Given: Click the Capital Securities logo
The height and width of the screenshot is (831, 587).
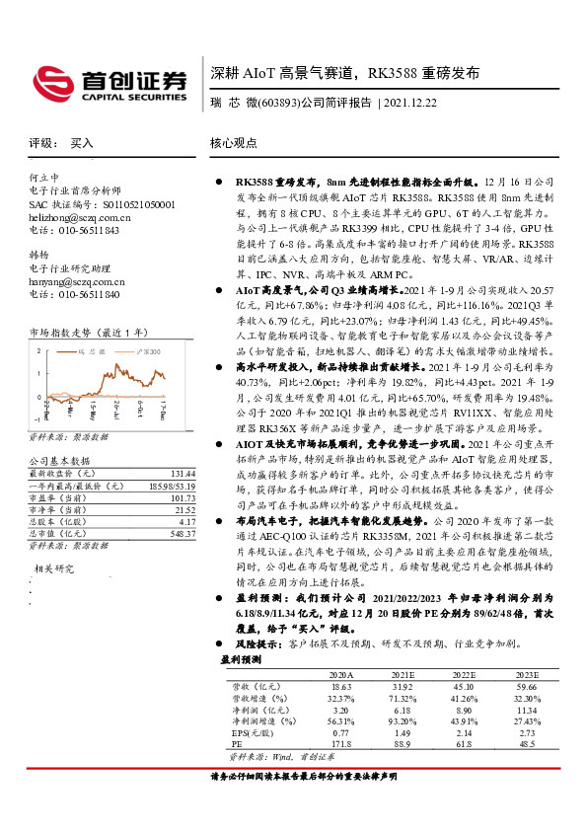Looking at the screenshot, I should (109, 82).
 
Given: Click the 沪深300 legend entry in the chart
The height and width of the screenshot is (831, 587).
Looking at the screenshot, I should (143, 351).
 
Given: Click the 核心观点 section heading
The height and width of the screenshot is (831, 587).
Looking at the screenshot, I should (233, 142).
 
